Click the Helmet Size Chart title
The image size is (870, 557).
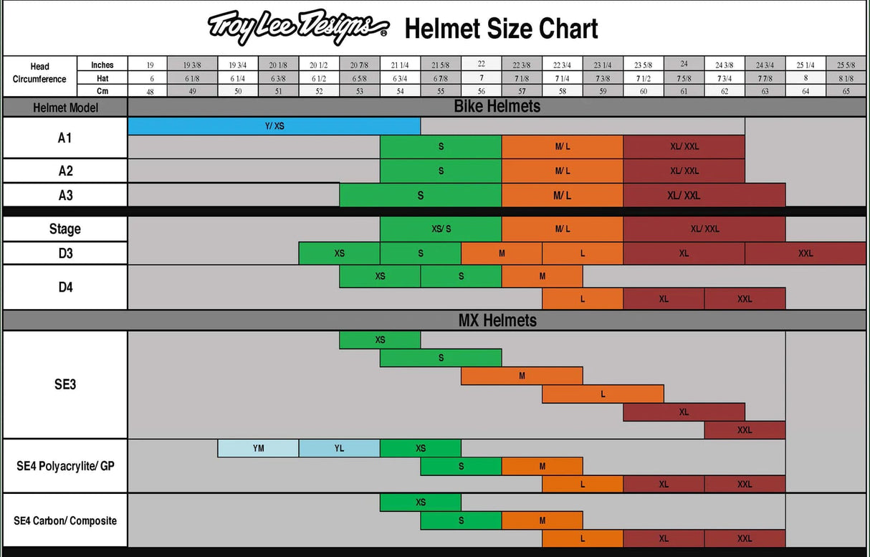point(501,29)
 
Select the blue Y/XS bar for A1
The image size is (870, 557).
point(274,125)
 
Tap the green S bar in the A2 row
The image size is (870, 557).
point(441,171)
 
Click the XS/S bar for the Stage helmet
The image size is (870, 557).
point(441,229)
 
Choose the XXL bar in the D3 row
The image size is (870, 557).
point(806,253)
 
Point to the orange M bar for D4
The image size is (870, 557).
point(542,276)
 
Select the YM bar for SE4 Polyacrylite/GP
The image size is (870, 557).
point(258,448)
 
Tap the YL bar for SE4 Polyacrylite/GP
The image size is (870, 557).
point(339,448)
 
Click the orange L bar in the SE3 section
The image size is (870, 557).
point(603,394)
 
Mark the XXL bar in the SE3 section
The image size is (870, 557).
point(745,430)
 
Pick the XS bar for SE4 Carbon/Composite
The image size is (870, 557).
point(421,503)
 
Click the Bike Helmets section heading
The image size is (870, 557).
point(497,107)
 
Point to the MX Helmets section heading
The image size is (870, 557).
point(497,320)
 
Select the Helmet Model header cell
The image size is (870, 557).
point(65,108)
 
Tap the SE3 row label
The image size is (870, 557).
point(65,384)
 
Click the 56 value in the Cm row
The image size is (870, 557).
point(481,91)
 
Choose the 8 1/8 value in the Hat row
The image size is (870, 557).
point(846,78)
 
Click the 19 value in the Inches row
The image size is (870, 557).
point(150,65)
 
